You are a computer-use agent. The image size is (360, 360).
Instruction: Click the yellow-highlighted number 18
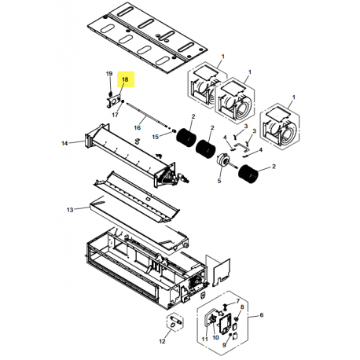pyautogui.click(x=124, y=79)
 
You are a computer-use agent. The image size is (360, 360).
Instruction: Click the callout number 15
pyautogui.click(x=156, y=138)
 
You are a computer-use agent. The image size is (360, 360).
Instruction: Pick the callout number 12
pyautogui.click(x=163, y=341)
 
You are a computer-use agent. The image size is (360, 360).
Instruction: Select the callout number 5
pyautogui.click(x=219, y=180)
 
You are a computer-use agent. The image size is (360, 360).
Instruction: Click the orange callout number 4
pyautogui.click(x=227, y=138)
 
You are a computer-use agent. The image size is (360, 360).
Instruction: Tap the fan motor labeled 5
pyautogui.click(x=223, y=161)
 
